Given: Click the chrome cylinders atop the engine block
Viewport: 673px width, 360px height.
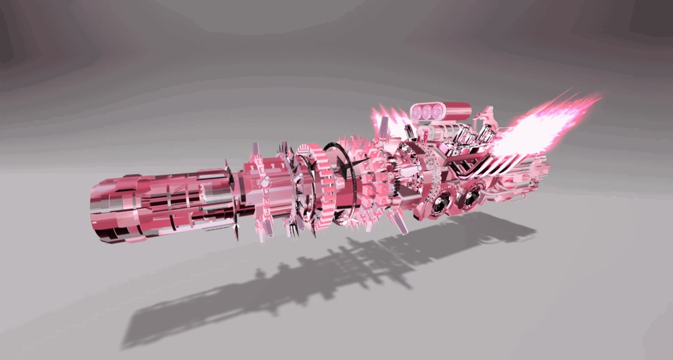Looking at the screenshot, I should coord(467,135).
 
